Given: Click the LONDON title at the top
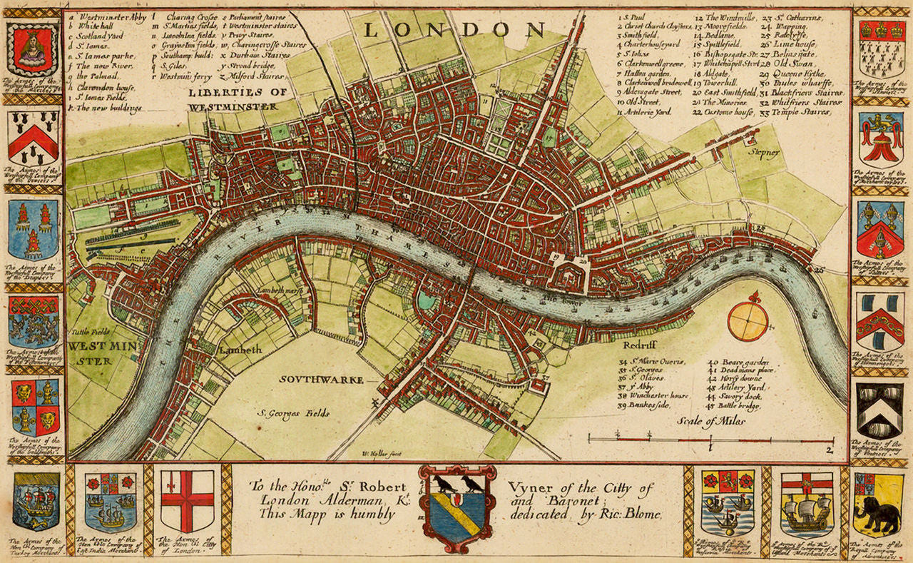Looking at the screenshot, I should [x=454, y=29].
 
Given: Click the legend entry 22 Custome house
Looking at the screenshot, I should [x=724, y=113].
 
